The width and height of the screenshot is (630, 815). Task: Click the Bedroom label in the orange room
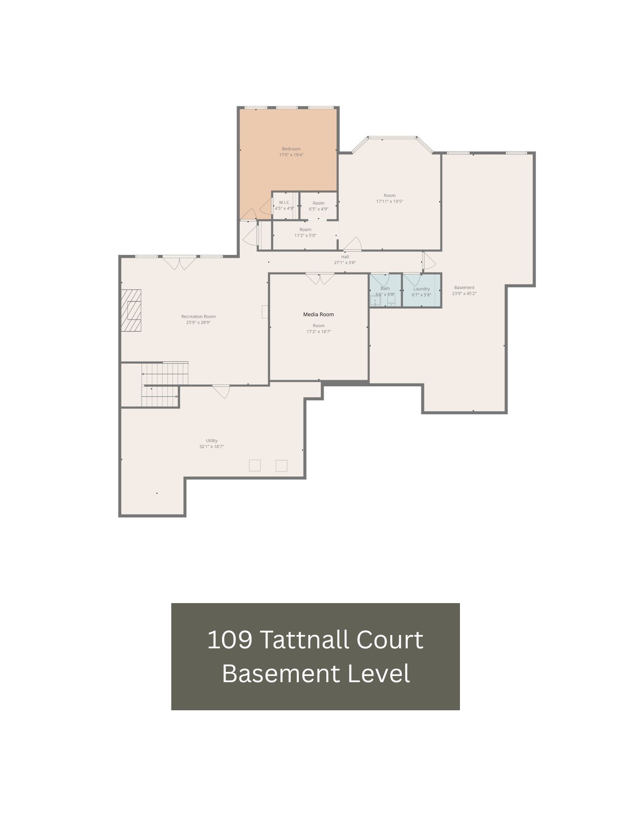coord(291,149)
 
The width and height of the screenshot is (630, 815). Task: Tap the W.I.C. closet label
coord(284,203)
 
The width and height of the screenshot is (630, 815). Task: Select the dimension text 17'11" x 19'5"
coord(389,201)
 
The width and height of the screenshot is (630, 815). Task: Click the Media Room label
coord(318,314)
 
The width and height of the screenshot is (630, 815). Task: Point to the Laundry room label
coord(421,289)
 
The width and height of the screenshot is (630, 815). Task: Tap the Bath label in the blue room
coord(385,288)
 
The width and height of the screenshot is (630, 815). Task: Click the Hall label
coord(345,257)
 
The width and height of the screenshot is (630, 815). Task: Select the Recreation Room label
coord(198,316)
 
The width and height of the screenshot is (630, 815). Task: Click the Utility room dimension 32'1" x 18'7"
coord(212,447)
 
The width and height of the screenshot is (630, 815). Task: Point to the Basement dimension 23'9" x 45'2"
coord(464,293)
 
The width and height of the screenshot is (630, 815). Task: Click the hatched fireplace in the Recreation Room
coord(131,311)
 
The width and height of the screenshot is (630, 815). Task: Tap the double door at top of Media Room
coord(320,279)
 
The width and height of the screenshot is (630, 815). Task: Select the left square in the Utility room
coord(254,465)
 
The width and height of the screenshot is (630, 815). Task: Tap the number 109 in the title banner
coord(229,640)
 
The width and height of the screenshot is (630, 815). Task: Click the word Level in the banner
coord(378,674)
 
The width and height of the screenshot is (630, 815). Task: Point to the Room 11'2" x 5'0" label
coord(305,229)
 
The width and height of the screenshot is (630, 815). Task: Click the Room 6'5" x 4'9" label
coord(318,203)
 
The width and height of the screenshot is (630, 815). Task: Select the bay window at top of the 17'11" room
coord(391,138)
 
